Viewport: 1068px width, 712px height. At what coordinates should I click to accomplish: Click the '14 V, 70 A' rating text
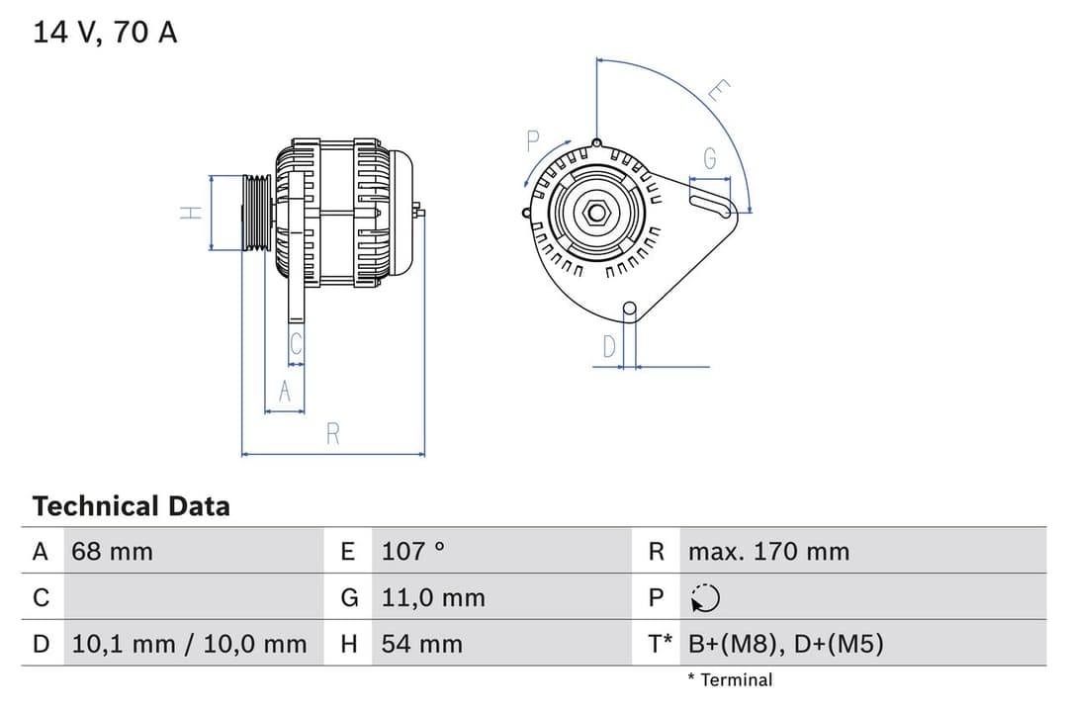coord(105,33)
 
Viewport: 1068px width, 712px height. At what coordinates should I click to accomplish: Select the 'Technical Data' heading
coord(131,506)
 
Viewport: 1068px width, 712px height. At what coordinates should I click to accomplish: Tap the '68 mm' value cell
coord(112,552)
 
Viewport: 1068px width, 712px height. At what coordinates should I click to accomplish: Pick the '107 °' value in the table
coord(413,552)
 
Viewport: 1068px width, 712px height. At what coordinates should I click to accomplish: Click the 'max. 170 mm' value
coord(768,552)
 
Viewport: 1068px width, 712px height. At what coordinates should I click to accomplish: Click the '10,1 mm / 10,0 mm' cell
coord(189,645)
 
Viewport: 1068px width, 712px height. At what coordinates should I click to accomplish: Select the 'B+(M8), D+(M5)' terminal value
coord(785,645)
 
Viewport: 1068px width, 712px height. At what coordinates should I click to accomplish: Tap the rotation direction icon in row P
coord(705,598)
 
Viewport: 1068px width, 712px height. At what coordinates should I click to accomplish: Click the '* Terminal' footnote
coord(730,679)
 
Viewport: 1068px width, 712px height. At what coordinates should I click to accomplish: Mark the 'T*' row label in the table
coord(660,645)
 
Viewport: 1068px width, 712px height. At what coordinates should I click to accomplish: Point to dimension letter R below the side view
coord(333,434)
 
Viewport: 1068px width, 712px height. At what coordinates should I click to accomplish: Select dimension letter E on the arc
coord(719,92)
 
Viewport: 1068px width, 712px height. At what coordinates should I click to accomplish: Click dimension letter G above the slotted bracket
coord(709,158)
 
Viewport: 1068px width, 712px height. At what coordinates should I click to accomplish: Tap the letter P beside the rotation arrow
coord(533,140)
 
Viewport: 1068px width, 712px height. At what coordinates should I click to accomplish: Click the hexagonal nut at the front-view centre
coord(596,212)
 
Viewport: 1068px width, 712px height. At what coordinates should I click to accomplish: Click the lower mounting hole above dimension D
coord(629,310)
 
